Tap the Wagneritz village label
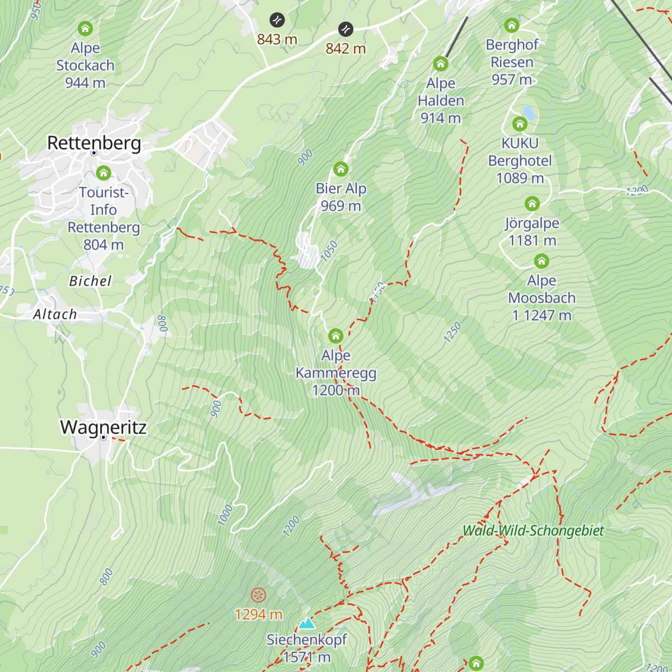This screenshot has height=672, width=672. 103,427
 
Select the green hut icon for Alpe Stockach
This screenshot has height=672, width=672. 85,28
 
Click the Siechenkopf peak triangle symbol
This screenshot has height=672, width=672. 306,623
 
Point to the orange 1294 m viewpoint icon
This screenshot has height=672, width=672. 258,595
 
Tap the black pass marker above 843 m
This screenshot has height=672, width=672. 277,21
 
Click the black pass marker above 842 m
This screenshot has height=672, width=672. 346,29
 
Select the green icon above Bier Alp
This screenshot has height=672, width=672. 340,169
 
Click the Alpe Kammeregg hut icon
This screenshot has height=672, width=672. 335,336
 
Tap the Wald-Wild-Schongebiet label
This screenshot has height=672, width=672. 533,530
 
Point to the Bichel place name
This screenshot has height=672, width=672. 90,281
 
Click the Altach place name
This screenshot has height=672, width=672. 55,314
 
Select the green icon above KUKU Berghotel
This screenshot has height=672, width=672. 520,123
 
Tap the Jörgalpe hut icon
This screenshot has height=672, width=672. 532,203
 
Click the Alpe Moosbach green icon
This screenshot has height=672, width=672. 541,261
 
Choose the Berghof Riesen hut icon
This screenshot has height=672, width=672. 511,25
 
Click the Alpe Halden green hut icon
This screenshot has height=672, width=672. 441,64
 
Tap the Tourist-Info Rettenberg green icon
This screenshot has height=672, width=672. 104,173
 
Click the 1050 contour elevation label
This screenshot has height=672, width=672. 329,250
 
